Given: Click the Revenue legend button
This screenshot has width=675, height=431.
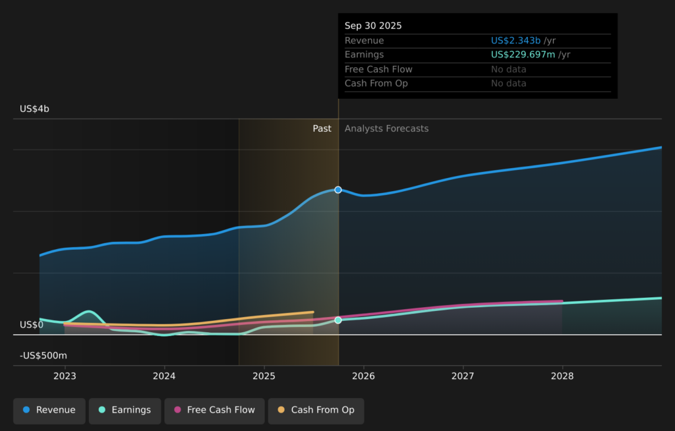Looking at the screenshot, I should click(x=49, y=410).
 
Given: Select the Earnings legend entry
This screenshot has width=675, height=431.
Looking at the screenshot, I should click(x=125, y=410).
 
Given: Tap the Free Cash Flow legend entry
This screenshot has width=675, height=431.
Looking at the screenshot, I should click(x=214, y=410).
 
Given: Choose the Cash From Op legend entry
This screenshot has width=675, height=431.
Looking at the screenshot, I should click(x=316, y=410).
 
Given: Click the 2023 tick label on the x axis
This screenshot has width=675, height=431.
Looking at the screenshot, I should click(x=65, y=376).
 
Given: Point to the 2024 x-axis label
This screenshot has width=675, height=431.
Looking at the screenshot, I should click(x=164, y=376).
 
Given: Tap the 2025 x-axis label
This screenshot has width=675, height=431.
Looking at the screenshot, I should click(x=264, y=376).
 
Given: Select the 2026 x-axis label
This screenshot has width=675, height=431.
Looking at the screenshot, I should click(x=363, y=376).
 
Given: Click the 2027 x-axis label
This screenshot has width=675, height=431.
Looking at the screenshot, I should click(x=463, y=376).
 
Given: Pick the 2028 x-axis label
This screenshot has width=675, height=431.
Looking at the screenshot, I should click(x=562, y=376).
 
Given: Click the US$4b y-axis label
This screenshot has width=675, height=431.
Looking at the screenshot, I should click(x=34, y=109).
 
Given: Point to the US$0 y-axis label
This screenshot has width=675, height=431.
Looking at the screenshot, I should click(x=32, y=325).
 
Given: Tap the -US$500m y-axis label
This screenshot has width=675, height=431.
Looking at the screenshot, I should click(x=44, y=356).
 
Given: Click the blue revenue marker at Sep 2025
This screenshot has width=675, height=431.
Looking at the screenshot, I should click(x=338, y=190).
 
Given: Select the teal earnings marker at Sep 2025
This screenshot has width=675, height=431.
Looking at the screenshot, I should click(x=338, y=320).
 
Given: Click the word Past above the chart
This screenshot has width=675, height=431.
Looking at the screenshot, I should click(x=322, y=129).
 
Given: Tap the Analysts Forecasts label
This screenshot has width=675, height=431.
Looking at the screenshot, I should click(x=386, y=129).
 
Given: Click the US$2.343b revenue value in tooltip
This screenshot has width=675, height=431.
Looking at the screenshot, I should click(x=515, y=41).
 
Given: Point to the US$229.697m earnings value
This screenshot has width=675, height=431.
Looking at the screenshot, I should click(x=523, y=55).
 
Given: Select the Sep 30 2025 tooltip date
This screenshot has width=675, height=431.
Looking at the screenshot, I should click(x=373, y=26).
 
